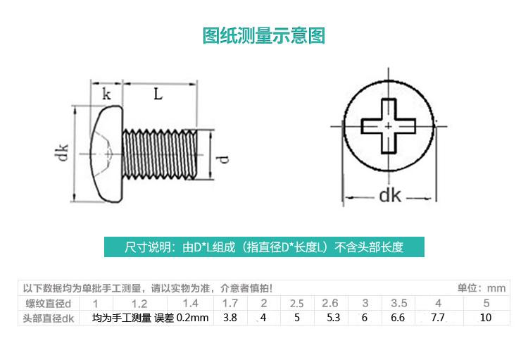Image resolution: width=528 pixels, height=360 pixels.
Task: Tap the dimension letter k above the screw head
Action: pos(106,94)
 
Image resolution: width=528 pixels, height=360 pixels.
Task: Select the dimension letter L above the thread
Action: pos(158,93)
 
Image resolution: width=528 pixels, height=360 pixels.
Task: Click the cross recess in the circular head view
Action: pos(389,126)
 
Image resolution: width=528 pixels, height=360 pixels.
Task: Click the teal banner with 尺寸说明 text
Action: pos(264,247)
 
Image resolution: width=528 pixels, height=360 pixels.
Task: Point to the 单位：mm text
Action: pos(482,288)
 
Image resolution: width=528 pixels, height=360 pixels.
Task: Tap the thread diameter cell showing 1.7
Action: pos(230,304)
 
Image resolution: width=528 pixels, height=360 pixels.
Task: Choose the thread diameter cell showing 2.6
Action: pos(329,304)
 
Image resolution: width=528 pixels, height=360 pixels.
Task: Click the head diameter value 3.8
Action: pos(230,318)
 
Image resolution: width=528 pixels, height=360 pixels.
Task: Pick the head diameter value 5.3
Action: pos(333,318)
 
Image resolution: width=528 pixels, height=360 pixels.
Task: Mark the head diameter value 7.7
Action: pos(438,318)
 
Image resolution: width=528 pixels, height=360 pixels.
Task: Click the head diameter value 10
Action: pos(485,318)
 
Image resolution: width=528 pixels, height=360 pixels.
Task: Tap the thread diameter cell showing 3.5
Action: pos(398,304)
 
